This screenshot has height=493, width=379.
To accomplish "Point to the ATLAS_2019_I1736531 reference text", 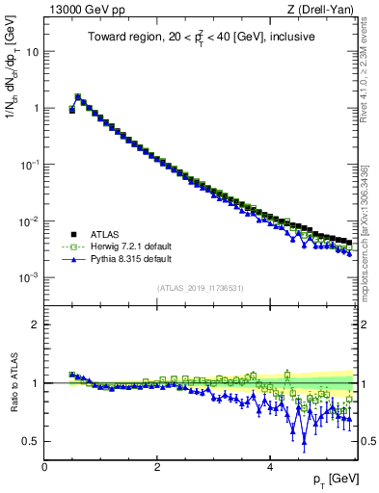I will (199, 288).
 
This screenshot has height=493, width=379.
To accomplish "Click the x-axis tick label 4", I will (269, 467).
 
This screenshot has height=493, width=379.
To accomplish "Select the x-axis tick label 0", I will (44, 467).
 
